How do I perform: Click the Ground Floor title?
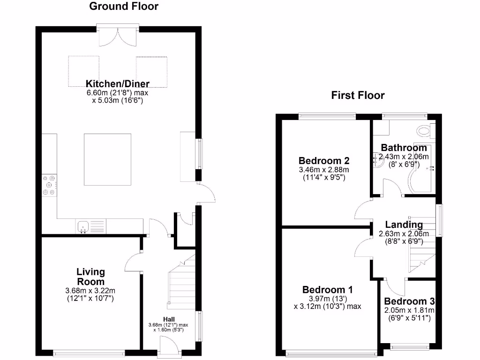tap(124, 7)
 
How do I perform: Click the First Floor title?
tap(358, 96)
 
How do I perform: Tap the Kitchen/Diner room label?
tap(118, 84)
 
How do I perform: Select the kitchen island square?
tap(107, 159)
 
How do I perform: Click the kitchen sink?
tap(83, 227)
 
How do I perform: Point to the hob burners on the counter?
tap(49, 185)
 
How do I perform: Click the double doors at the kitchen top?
tap(118, 36)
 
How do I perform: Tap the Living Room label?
tap(91, 277)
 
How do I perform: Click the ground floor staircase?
tap(181, 281)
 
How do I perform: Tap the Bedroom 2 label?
tap(324, 161)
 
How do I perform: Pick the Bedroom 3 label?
tap(409, 301)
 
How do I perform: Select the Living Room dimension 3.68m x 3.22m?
tap(91, 291)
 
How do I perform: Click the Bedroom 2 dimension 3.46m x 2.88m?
tap(324, 170)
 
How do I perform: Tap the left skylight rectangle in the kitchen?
tap(84, 71)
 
